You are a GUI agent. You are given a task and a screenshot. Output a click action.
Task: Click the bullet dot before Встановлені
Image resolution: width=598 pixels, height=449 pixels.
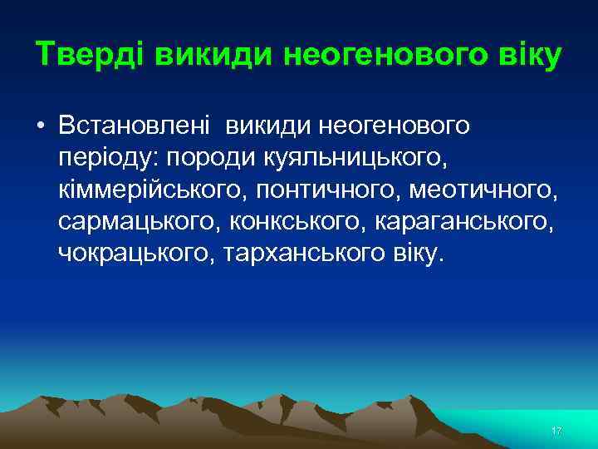[40, 126]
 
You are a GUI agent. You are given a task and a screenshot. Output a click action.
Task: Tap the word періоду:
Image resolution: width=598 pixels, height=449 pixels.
[104, 157]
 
